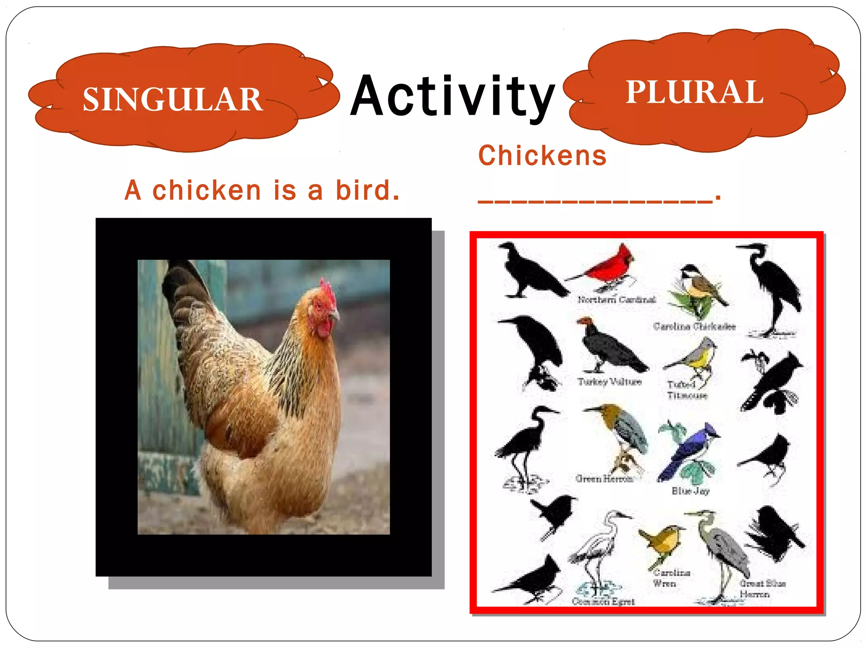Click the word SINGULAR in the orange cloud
pyautogui.click(x=173, y=99)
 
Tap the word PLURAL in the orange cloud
pyautogui.click(x=694, y=92)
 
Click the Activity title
pyautogui.click(x=453, y=96)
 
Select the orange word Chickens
pyautogui.click(x=542, y=156)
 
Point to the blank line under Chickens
pyautogui.click(x=595, y=201)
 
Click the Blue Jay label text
pyautogui.click(x=690, y=491)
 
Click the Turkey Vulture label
pyautogui.click(x=610, y=382)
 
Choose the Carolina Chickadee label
pyautogui.click(x=694, y=326)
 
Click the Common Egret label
pyautogui.click(x=603, y=601)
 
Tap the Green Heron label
pyautogui.click(x=604, y=479)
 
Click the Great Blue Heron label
pyautogui.click(x=762, y=589)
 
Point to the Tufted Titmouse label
pyautogui.click(x=687, y=390)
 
